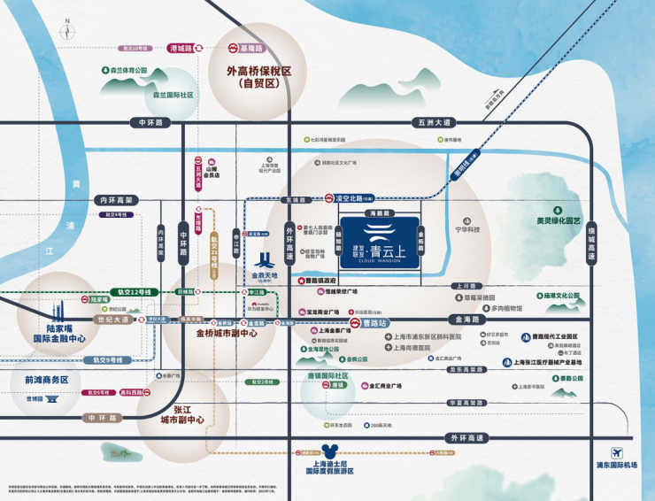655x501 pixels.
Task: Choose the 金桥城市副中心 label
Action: click(x=226, y=334)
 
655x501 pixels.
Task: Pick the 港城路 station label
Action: click(x=185, y=50)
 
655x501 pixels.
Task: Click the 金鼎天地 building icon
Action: click(x=263, y=262)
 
